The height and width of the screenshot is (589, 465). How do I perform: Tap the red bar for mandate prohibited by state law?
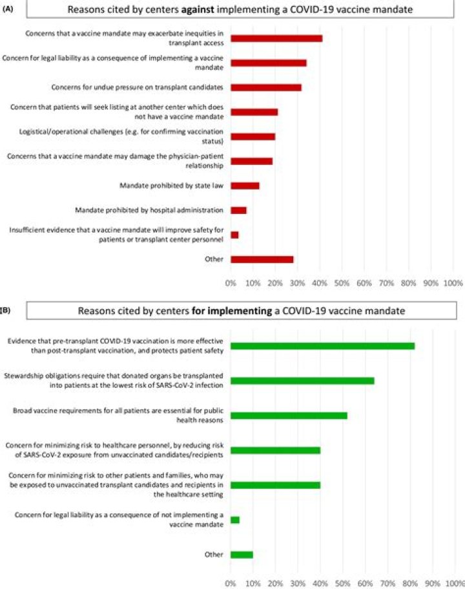pyautogui.click(x=245, y=186)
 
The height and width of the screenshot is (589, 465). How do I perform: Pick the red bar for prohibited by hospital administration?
pyautogui.click(x=238, y=210)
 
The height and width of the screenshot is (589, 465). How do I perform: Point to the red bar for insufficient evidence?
pyautogui.click(x=234, y=235)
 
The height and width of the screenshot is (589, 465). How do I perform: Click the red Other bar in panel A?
pyautogui.click(x=262, y=259)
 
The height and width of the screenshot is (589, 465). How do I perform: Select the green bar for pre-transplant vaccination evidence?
pyautogui.click(x=322, y=346)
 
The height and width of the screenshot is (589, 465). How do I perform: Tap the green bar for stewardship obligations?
pyautogui.click(x=302, y=381)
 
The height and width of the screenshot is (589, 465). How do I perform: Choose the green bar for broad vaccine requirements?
pyautogui.click(x=289, y=415)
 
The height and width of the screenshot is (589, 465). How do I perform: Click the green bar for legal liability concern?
pyautogui.click(x=235, y=520)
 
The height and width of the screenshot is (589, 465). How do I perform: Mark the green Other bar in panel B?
pyautogui.click(x=242, y=555)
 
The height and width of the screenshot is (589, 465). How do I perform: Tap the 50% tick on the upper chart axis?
pyautogui.click(x=342, y=283)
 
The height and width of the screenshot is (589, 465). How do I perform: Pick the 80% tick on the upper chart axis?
pyautogui.click(x=409, y=283)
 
